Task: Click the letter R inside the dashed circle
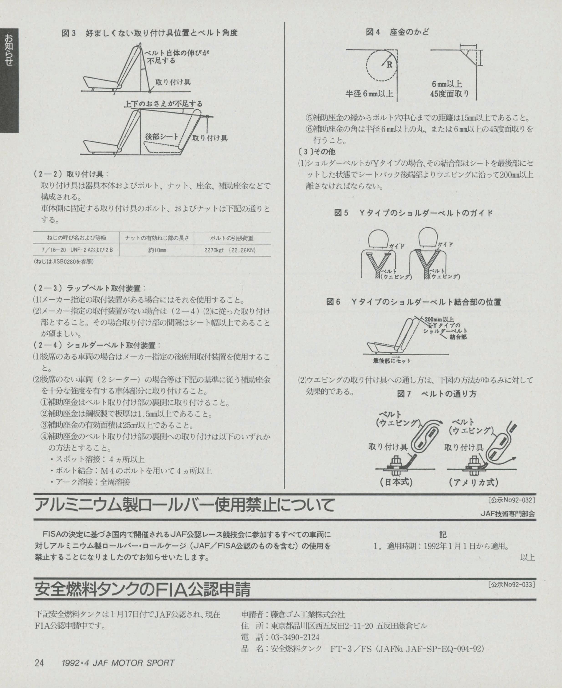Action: (389, 65)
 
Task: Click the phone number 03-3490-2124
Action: (295, 637)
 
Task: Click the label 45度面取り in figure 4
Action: (449, 94)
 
